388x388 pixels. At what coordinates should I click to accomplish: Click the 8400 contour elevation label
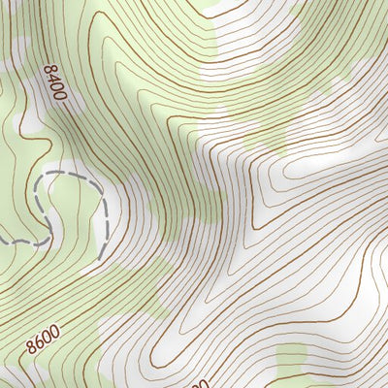(54, 84)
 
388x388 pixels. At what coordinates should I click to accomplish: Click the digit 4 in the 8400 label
(52, 80)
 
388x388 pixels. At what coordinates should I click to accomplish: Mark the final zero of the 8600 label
(55, 330)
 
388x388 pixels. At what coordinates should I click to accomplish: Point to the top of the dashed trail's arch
(63, 173)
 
